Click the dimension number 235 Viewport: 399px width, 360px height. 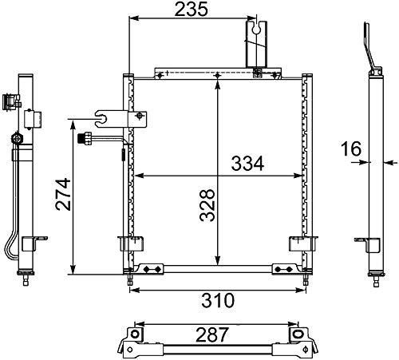tap(191, 10)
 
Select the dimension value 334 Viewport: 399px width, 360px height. tap(247, 163)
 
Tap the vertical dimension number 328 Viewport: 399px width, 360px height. tap(207, 205)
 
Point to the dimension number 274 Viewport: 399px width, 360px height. tap(63, 195)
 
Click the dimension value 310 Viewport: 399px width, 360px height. tap(218, 300)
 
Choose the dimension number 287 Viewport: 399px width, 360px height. tap(212, 334)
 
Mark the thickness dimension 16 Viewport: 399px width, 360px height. tap(351, 148)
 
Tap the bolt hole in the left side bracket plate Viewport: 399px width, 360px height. tap(140, 116)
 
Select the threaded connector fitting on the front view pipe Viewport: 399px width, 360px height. tap(85, 139)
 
